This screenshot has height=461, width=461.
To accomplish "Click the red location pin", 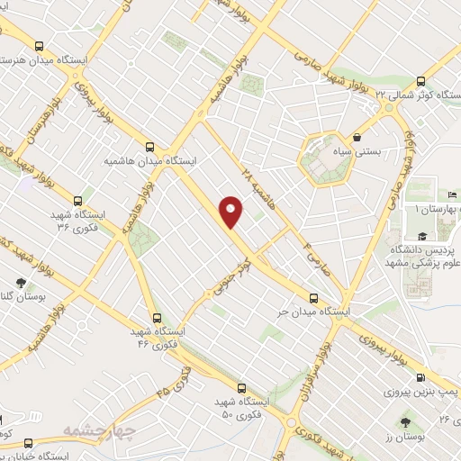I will tap(232, 211).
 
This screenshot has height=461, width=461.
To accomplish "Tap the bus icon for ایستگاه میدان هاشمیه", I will tap(149, 146).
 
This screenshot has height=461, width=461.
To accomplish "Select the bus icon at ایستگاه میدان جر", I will tap(313, 296).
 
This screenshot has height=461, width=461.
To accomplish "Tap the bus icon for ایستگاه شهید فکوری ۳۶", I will tap(78, 201).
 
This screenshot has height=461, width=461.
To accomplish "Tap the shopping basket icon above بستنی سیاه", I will tap(360, 139).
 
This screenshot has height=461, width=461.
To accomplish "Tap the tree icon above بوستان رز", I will tap(405, 420).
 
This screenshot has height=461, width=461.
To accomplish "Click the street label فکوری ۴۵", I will tap(176, 384).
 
